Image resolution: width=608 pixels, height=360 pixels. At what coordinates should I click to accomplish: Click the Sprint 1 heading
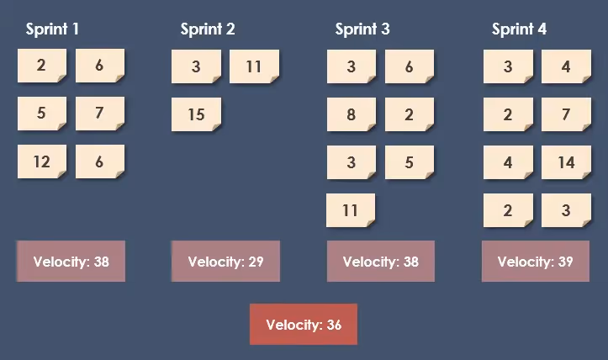point(52,29)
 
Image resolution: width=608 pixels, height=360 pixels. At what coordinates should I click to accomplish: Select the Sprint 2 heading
point(208,29)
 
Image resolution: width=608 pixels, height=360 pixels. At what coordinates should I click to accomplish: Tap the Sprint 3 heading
point(362,29)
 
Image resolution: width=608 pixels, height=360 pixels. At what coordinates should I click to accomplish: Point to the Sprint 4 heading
point(519,29)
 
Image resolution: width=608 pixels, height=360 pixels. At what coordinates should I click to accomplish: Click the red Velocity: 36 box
point(304,325)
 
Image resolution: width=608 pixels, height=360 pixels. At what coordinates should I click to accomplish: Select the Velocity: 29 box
point(225,262)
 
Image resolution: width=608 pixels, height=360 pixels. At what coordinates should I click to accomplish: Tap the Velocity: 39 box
point(535,262)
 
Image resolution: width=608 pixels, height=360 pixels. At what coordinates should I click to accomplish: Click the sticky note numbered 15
point(196,114)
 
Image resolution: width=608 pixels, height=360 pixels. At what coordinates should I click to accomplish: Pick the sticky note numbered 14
point(566,162)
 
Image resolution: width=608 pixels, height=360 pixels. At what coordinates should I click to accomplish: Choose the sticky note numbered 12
point(42,161)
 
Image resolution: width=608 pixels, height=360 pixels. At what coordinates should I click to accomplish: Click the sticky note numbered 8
point(351,114)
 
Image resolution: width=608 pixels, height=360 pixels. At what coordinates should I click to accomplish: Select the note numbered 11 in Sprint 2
point(254,66)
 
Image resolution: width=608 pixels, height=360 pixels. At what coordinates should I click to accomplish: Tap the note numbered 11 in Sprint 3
point(351,210)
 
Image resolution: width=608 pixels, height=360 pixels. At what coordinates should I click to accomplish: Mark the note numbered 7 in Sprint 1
point(99,113)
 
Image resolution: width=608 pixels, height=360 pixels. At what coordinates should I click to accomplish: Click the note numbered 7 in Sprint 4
point(566,114)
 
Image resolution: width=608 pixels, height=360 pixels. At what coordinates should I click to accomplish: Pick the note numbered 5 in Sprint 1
point(42,113)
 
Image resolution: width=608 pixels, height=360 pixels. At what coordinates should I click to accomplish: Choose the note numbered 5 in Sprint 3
point(409,162)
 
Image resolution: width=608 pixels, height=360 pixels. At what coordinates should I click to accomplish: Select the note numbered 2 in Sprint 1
point(42,66)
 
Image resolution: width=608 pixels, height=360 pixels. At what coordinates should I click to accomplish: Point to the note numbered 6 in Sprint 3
point(409,66)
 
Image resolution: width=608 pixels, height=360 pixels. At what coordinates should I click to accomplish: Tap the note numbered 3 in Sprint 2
point(196,66)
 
